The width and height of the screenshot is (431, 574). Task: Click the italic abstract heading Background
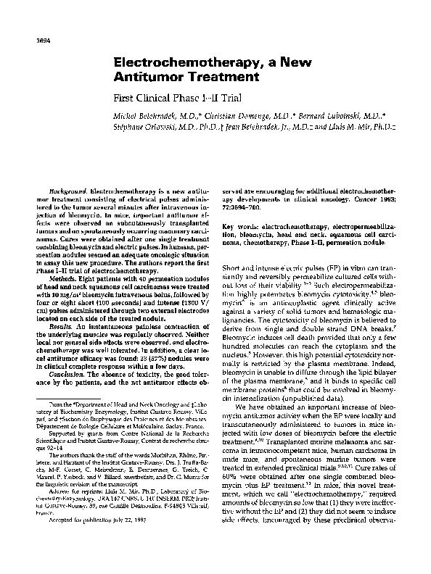(x=57, y=189)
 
